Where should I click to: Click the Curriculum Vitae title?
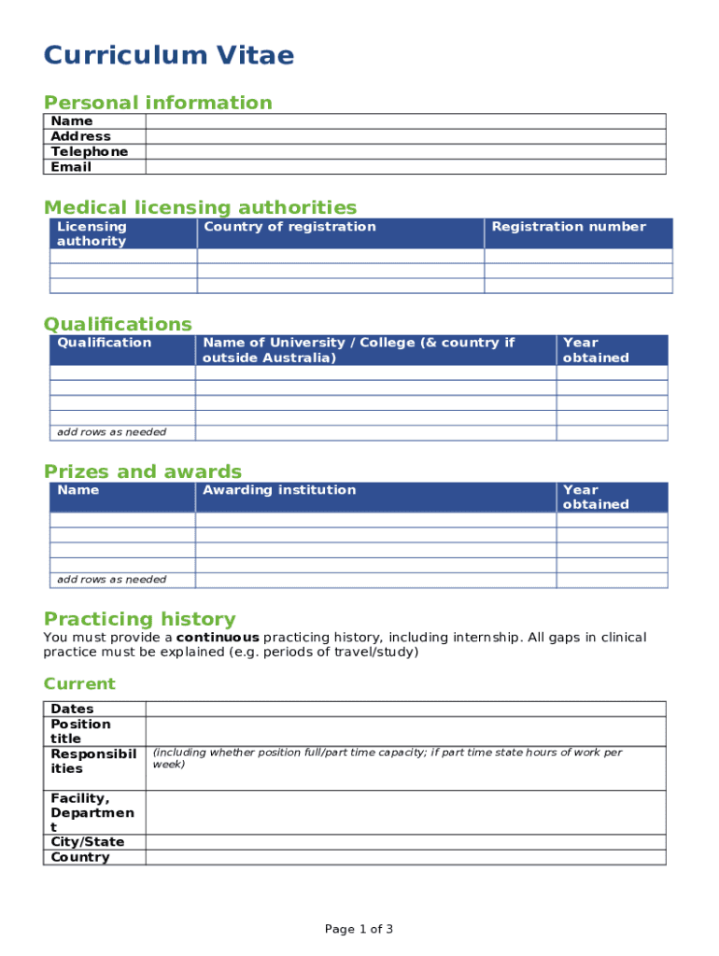tap(169, 57)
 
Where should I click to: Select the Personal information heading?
tap(158, 103)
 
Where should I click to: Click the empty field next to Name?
tap(405, 121)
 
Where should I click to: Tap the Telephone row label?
tap(90, 151)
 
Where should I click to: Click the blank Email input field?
tap(405, 167)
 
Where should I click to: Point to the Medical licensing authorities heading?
tap(200, 207)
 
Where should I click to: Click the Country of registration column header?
tap(289, 227)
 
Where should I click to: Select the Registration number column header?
tap(569, 227)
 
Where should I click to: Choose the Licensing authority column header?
tap(92, 233)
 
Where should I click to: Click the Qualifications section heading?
tap(118, 324)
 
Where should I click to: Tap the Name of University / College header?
tap(359, 350)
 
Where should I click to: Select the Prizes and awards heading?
tap(143, 471)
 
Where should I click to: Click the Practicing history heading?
tap(140, 619)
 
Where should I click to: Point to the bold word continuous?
tap(218, 638)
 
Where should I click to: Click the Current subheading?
tap(79, 684)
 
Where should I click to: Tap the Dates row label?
tap(72, 710)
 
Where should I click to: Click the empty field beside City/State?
tap(405, 842)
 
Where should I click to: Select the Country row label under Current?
tap(80, 857)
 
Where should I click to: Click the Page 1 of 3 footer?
tap(359, 929)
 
